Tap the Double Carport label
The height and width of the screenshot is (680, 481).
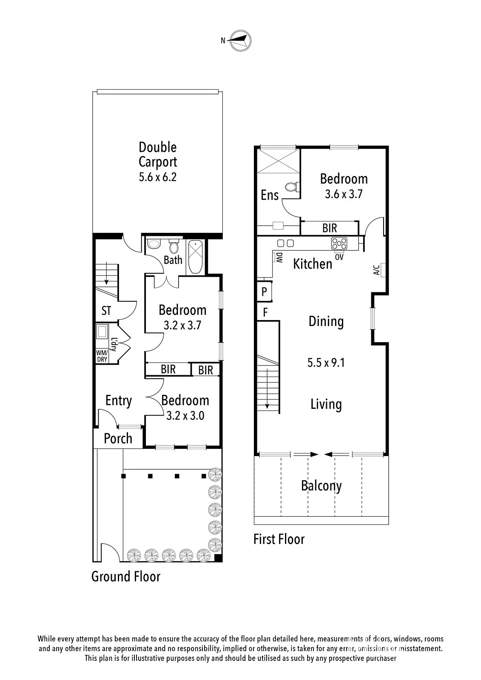(158, 155)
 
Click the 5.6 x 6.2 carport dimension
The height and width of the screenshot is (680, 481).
(158, 177)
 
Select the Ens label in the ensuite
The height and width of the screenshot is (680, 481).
(270, 195)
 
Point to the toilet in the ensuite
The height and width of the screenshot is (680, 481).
(293, 187)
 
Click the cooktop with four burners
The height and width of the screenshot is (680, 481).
(339, 244)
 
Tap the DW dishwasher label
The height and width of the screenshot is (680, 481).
(279, 258)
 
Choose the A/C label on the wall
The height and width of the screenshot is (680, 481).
(376, 270)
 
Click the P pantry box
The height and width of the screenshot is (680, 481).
(265, 292)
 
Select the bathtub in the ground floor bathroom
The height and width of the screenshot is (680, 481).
(195, 257)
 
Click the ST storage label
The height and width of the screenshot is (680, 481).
(106, 311)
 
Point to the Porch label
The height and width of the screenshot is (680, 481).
(118, 439)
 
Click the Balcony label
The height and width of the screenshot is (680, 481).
(322, 486)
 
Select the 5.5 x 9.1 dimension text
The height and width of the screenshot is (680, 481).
(326, 363)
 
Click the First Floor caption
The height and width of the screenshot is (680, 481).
(279, 539)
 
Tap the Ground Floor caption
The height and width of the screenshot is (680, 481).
(126, 576)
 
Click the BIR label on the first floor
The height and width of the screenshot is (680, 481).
(330, 228)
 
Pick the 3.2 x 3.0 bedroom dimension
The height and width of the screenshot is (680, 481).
(185, 416)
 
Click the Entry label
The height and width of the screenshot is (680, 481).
(119, 401)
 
